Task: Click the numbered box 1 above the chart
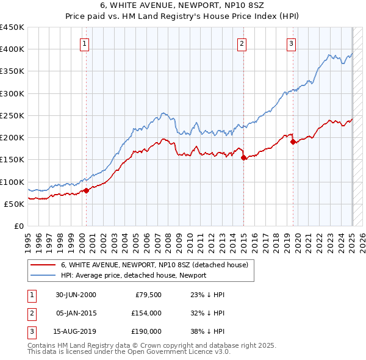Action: [x=84, y=43]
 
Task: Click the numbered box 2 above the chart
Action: [x=242, y=43]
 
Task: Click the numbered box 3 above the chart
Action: [x=292, y=43]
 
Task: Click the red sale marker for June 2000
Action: [x=87, y=190]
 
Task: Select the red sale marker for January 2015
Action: [x=244, y=158]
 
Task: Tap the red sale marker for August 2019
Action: [x=293, y=142]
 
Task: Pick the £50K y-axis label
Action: [x=14, y=204]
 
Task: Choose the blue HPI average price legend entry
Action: [x=133, y=275]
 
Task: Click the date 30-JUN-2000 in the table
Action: [x=76, y=295]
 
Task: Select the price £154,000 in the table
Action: [x=146, y=313]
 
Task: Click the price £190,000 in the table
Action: [x=146, y=331]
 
